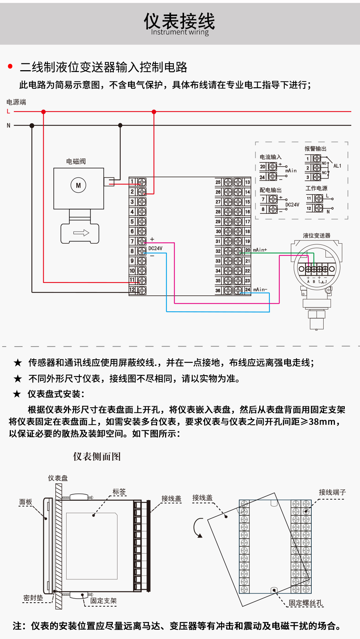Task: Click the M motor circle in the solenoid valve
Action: (x=78, y=185)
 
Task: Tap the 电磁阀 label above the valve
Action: (x=76, y=161)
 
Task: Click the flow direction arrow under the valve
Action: (x=81, y=233)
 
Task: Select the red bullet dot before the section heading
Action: (x=10, y=66)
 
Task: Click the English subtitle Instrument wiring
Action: (x=180, y=32)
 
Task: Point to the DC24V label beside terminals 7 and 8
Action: (x=155, y=248)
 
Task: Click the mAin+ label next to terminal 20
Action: (x=260, y=250)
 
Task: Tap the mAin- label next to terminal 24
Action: (x=260, y=289)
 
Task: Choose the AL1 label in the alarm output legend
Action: (x=337, y=166)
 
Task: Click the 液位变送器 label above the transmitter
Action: (x=316, y=236)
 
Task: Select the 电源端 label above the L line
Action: (x=16, y=102)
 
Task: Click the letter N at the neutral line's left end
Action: (x=9, y=125)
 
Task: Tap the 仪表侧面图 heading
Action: (x=97, y=456)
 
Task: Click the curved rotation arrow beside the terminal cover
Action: (x=198, y=528)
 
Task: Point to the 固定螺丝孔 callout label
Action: (x=305, y=603)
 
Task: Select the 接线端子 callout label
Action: (x=332, y=492)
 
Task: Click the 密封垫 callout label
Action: (x=33, y=598)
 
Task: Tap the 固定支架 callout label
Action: (x=103, y=601)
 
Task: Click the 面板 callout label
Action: (x=26, y=502)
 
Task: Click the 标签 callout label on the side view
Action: (x=119, y=492)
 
